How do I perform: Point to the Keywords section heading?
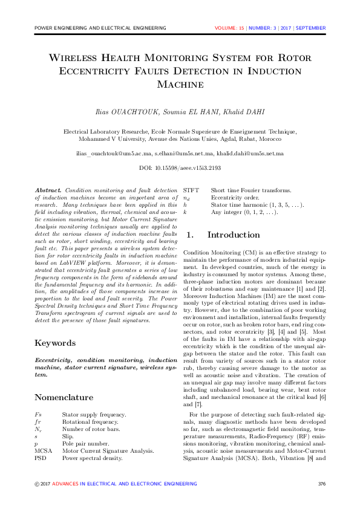[55, 343]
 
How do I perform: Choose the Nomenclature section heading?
[64, 397]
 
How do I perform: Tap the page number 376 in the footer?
[321, 484]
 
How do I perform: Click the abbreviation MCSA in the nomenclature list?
[44, 451]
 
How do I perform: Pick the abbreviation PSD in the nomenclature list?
[41, 458]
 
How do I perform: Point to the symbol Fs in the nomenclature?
[38, 415]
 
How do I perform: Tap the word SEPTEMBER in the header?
[311, 28]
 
